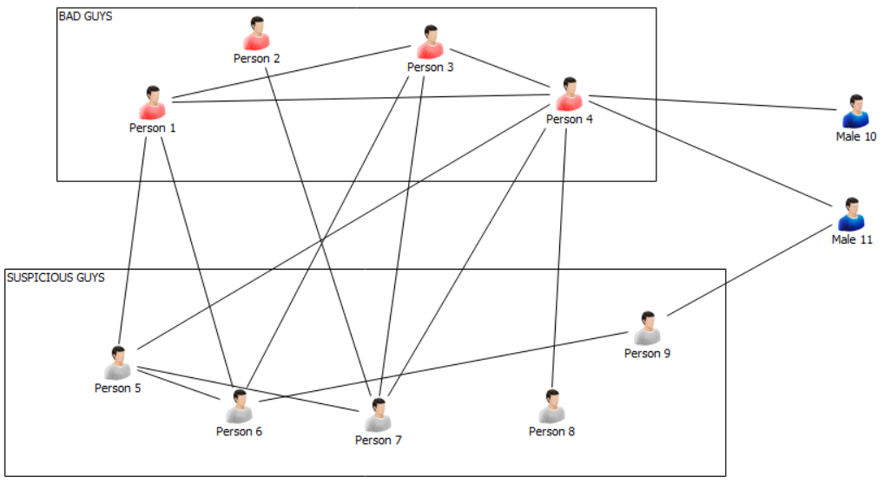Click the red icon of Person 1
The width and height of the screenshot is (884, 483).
point(153,103)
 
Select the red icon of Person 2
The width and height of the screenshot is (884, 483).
point(257,34)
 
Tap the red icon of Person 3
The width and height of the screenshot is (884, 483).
point(431,42)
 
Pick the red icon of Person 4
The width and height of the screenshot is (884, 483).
point(570,95)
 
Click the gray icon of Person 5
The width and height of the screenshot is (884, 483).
point(118,363)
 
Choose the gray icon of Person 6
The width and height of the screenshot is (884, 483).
point(240,407)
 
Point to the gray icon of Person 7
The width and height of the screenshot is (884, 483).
point(379,415)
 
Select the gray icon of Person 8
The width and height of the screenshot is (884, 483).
point(552,407)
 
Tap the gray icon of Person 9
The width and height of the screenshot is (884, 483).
point(648,329)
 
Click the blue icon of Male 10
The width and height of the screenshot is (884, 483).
point(856,112)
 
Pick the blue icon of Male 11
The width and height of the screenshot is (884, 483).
point(852,215)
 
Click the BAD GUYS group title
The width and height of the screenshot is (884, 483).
point(85,16)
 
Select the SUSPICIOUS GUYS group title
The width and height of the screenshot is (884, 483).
point(56,277)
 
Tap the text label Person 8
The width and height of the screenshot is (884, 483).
point(552,431)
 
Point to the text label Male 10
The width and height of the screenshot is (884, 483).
point(856,136)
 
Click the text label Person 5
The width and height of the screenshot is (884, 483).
point(118,388)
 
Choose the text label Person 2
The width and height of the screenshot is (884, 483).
point(257,58)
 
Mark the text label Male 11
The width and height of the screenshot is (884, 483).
point(852,239)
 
